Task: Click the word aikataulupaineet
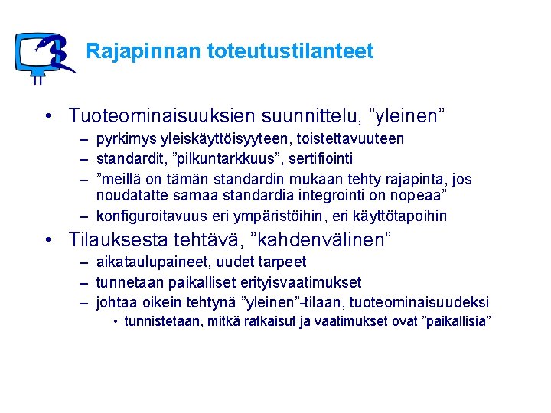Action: coord(142,263)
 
